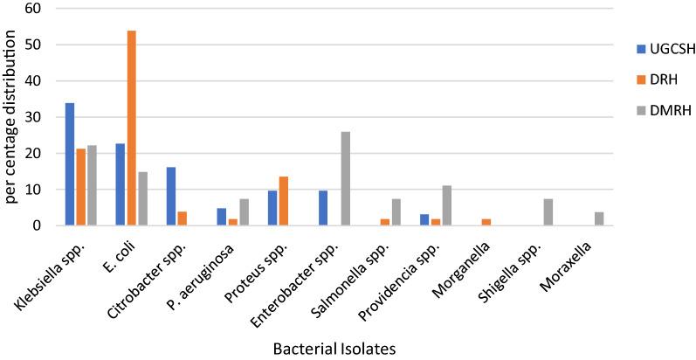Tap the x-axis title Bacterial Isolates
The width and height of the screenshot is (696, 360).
click(x=335, y=349)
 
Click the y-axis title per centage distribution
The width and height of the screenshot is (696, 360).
click(x=12, y=117)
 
